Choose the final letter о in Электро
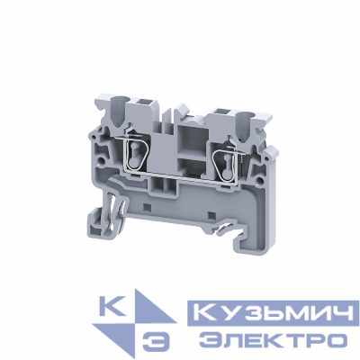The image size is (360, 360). coord(335,339)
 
